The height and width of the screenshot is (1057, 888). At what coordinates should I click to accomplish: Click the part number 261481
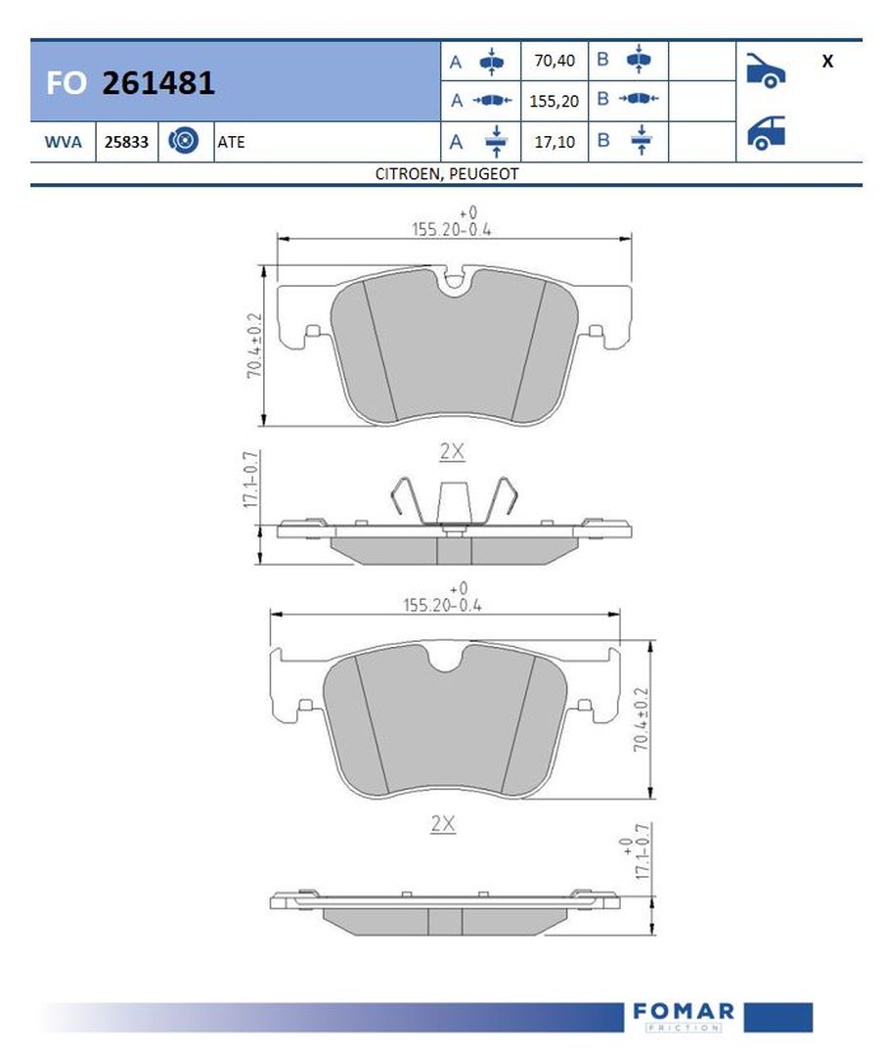[x=158, y=83]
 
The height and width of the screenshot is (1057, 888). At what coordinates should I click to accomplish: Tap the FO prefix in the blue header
[x=66, y=84]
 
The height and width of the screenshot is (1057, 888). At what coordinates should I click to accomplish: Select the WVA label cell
[x=63, y=142]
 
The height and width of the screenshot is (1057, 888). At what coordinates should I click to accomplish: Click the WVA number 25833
[x=127, y=142]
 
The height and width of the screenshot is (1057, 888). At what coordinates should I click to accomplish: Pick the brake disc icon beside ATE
[x=185, y=141]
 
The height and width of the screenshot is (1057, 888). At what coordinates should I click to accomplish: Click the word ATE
[x=232, y=142]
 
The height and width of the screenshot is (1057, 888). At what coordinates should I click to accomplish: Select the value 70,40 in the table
[x=554, y=61]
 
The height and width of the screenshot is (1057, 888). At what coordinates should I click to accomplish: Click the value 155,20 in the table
[x=554, y=101]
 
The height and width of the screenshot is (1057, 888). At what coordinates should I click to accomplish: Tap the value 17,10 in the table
[x=554, y=142]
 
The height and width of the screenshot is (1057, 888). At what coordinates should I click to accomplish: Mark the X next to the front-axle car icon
[x=827, y=61]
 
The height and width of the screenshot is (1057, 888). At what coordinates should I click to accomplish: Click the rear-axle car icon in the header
[x=766, y=133]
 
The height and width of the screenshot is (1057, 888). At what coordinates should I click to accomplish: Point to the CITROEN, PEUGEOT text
[x=446, y=173]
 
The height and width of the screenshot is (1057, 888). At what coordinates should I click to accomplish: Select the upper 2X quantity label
[x=452, y=451]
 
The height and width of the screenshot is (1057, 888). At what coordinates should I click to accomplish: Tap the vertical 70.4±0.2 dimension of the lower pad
[x=641, y=719]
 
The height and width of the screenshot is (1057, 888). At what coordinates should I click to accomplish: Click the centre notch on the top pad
[x=454, y=283]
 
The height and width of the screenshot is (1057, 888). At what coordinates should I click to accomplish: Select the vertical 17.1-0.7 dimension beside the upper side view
[x=250, y=478]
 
